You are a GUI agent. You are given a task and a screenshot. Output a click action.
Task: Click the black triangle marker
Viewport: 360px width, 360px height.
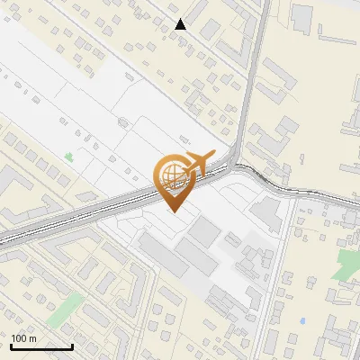coord(181,24)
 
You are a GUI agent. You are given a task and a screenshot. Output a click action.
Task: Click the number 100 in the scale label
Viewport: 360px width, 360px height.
coord(18,338)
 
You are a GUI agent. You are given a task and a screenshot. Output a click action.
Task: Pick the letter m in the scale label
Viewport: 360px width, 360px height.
coord(32,338)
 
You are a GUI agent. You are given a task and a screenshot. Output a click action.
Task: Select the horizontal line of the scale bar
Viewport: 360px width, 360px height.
coord(40,346)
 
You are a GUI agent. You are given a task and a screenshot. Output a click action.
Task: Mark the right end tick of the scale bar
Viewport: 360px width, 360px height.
coord(72,345)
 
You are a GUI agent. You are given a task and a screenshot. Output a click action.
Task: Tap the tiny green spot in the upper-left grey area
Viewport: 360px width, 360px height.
coord(69,157)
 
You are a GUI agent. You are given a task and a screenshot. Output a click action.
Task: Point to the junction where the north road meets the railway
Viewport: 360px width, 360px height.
coord(236,165)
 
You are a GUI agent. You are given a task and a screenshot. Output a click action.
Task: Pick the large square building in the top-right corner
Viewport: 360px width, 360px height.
coord(302,15)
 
